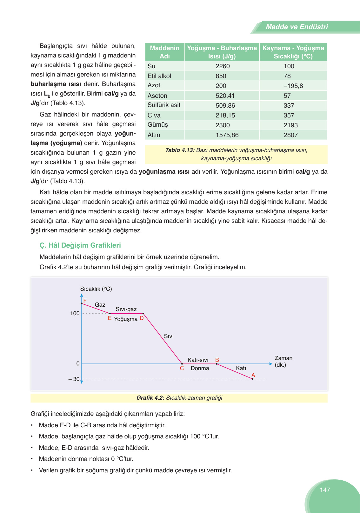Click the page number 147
pos(325,490)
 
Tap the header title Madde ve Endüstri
pos(297,27)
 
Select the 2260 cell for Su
pos(222,66)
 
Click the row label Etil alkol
pos(159,76)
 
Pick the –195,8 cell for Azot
pos(293,86)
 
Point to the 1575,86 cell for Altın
pos(227,135)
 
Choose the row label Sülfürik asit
pos(164,105)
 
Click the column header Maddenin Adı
pos(164,52)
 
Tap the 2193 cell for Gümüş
pos(290,125)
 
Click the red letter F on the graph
pos(85,300)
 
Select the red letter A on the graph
pos(253,375)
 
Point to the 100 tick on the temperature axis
pos(75,313)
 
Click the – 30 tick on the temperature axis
pos(74,379)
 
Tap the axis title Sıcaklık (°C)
pos(96,289)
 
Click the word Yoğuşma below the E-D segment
pos(126,319)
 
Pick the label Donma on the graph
pos(200,368)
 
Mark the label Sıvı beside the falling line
pos(169,336)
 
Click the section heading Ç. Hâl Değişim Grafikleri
pos(80,245)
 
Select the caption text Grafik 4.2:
pos(150,398)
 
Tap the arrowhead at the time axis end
pos(270,364)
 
